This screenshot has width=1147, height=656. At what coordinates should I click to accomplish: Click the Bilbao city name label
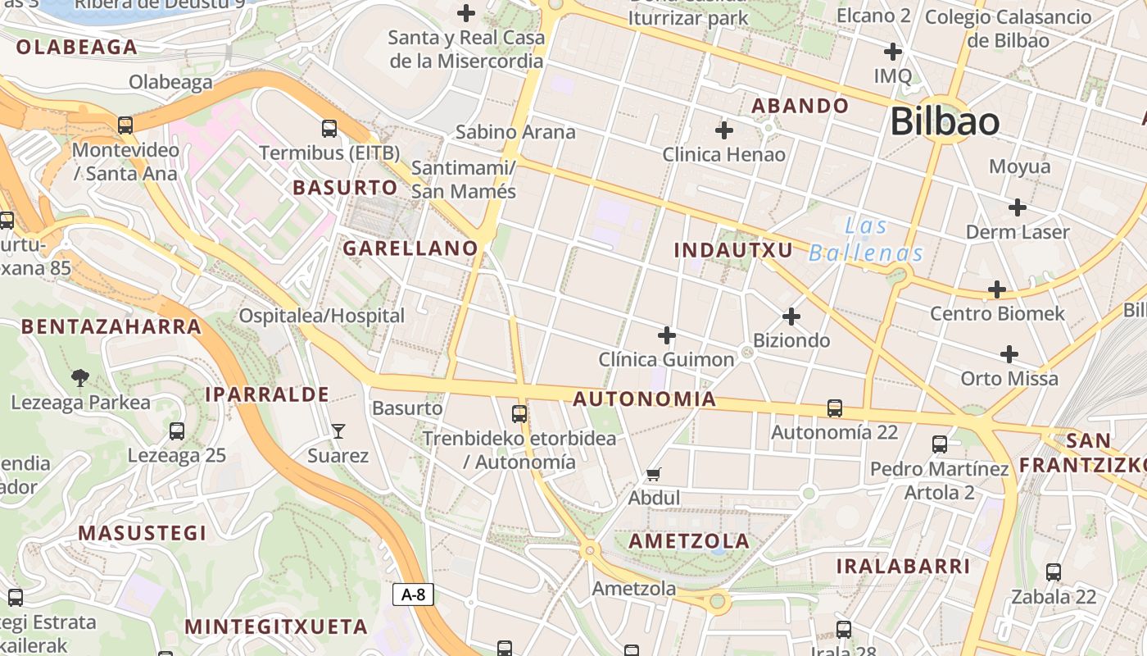coord(944,122)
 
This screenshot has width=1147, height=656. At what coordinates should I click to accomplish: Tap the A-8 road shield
coord(413,594)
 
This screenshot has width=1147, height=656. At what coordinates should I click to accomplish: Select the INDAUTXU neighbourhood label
coord(733,250)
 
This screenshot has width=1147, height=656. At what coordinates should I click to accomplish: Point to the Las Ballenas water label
coord(866,239)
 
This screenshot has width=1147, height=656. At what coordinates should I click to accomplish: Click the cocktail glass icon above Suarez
coord(338,430)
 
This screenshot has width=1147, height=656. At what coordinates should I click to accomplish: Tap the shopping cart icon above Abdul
coord(653,474)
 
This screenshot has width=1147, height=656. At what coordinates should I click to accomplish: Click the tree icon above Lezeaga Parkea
coord(80,378)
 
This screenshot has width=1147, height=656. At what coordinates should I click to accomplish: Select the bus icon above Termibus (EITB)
coord(329,128)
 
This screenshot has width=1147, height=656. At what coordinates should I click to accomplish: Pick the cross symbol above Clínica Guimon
coord(667,335)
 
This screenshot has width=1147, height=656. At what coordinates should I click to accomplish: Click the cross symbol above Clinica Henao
coord(724,130)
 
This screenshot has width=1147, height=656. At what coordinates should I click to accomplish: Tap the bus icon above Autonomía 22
coord(835,408)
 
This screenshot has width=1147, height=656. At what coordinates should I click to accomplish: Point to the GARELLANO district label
coord(410,248)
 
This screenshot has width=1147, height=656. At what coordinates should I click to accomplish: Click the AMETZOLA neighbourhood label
coord(689,541)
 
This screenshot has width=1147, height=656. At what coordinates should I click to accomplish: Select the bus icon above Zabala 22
coord(1054,572)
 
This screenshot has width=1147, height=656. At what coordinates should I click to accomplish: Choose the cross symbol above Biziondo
coord(791,317)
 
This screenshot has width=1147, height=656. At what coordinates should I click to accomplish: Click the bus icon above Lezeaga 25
coord(176,431)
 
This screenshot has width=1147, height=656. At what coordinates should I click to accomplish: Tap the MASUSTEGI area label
coord(143,533)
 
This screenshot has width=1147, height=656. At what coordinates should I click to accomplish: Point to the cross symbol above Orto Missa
coord(1009,354)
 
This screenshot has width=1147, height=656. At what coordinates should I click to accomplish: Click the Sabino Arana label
coord(515,132)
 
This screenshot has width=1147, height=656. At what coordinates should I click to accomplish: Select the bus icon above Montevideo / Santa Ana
coord(125,125)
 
